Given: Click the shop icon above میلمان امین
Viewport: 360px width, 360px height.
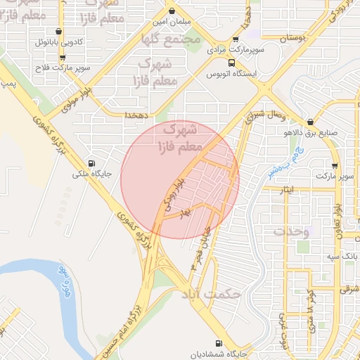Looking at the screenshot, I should pos(172,11).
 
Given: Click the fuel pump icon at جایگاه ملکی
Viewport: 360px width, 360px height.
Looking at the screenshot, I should pos(89,160).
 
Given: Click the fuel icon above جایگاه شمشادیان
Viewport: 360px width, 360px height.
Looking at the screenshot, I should pos(219,343).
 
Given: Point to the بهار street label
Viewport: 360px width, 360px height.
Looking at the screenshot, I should pos(185,210).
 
